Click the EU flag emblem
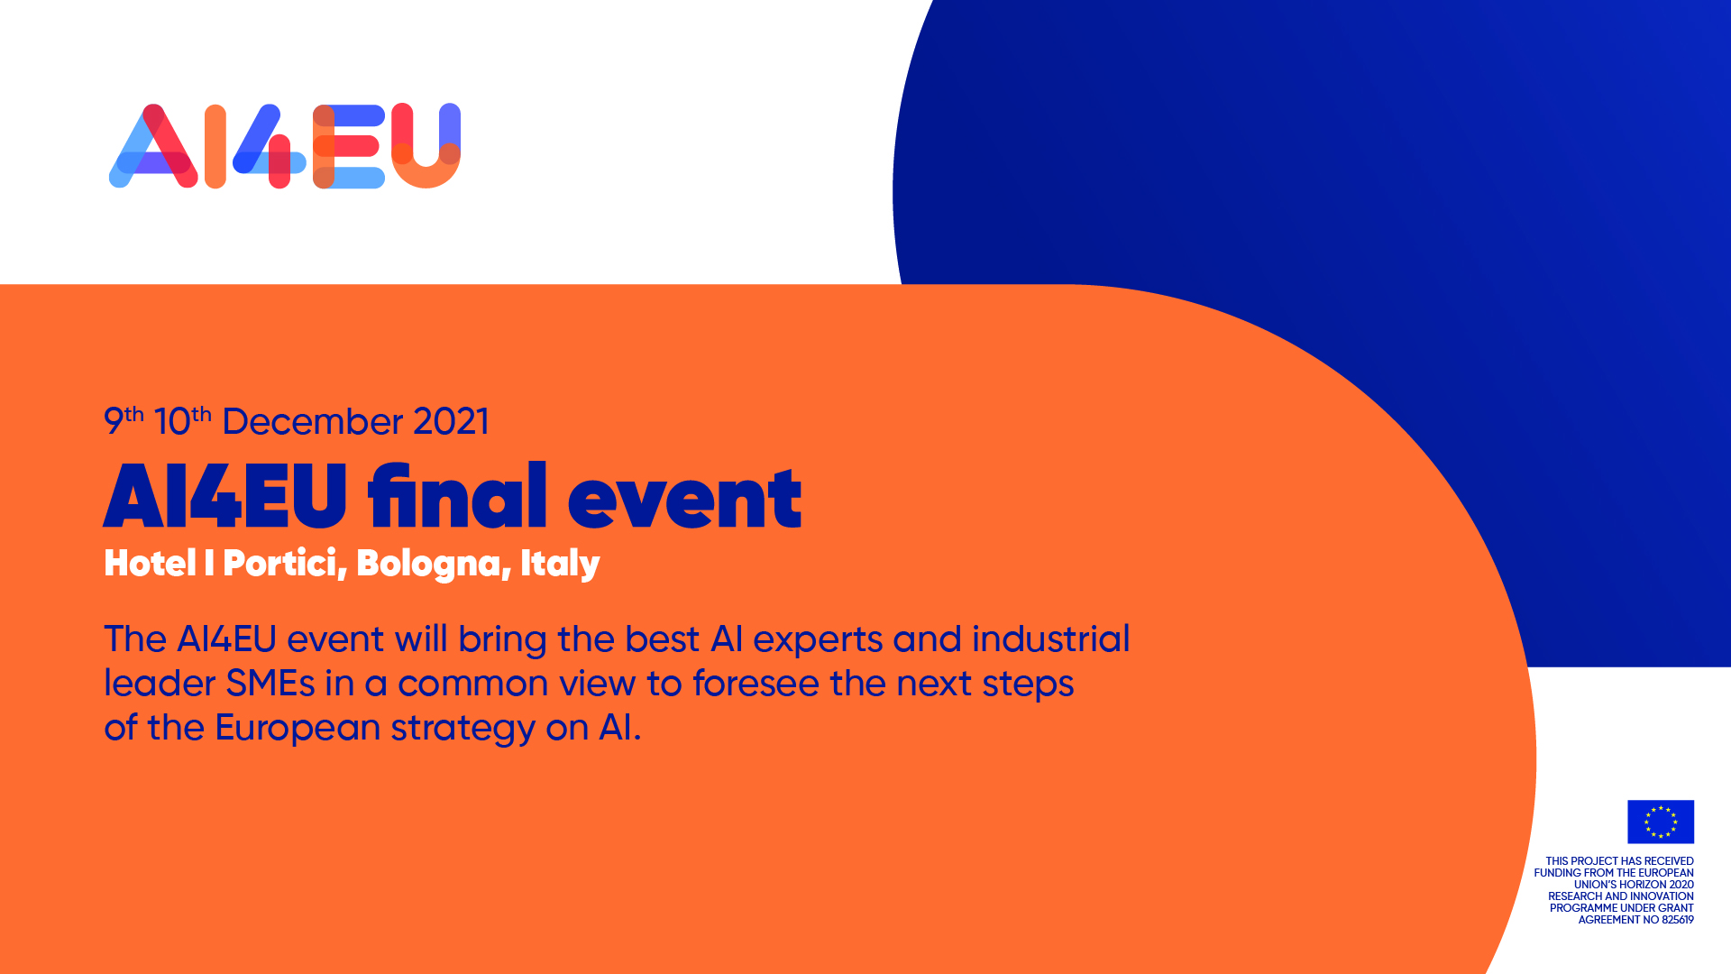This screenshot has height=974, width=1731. [x=1660, y=822]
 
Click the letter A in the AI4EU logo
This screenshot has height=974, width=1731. [x=154, y=147]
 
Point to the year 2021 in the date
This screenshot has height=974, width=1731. [x=451, y=422]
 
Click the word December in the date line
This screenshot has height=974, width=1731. [x=312, y=422]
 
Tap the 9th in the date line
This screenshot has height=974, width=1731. [x=124, y=420]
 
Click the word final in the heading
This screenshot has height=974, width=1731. [x=457, y=495]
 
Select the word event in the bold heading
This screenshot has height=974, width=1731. [x=684, y=499]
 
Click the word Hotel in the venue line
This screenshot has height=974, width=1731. [x=150, y=563]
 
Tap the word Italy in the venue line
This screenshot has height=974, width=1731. [x=560, y=565]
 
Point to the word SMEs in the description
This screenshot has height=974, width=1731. [x=270, y=684]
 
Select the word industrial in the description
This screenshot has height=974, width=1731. [x=1050, y=639]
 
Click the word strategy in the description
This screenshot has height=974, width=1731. [x=463, y=730]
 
